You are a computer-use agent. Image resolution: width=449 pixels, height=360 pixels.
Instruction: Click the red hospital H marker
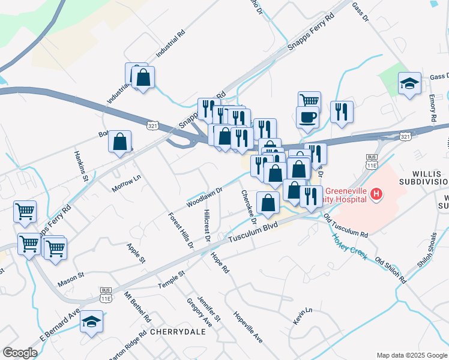point(376,193)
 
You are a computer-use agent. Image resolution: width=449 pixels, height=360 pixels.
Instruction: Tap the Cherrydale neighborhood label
point(174,331)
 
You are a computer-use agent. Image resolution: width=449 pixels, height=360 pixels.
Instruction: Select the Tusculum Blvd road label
point(253,235)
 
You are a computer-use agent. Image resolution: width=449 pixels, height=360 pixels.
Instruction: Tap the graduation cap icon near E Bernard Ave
point(92,322)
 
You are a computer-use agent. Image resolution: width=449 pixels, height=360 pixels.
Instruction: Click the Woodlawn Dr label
point(204,195)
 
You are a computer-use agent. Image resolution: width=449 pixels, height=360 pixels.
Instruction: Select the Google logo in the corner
point(20,353)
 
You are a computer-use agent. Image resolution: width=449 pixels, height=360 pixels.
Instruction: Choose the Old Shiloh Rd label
point(391,271)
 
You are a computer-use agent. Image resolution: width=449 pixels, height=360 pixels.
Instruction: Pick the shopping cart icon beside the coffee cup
point(310,100)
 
